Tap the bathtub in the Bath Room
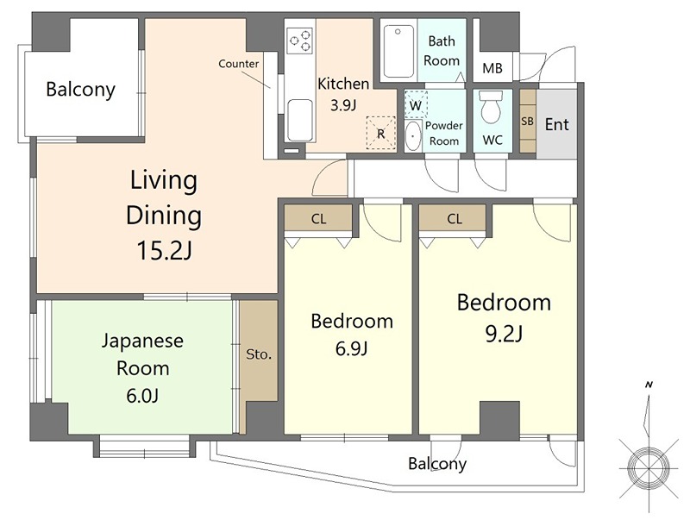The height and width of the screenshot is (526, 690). coord(398,52)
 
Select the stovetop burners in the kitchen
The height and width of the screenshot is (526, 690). coord(299,41)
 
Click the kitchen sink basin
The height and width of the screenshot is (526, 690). coord(300,120)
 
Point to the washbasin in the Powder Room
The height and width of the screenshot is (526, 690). coord(412,135)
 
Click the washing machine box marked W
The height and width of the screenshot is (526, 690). coord(416,104)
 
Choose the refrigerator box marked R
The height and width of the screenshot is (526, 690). coord(381,134)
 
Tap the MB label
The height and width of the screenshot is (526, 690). coord(492,68)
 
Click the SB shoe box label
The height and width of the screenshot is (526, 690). coord(527,121)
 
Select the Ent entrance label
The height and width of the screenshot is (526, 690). coord(556,124)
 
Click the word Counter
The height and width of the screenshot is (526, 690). coord(239,64)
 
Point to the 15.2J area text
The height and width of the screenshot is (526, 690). coord(165,250)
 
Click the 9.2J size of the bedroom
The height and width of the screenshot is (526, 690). coord(504,334)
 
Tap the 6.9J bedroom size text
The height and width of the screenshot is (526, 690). coord(351,348)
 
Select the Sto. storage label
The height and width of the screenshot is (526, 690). coord(259,354)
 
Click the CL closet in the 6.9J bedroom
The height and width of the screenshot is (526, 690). coord(318,218)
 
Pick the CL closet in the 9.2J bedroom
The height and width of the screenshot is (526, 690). coord(455,218)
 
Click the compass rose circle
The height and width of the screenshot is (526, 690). coord(649,467)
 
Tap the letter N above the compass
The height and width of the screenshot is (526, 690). coord(649,385)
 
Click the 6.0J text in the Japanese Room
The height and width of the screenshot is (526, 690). coord(142,396)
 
